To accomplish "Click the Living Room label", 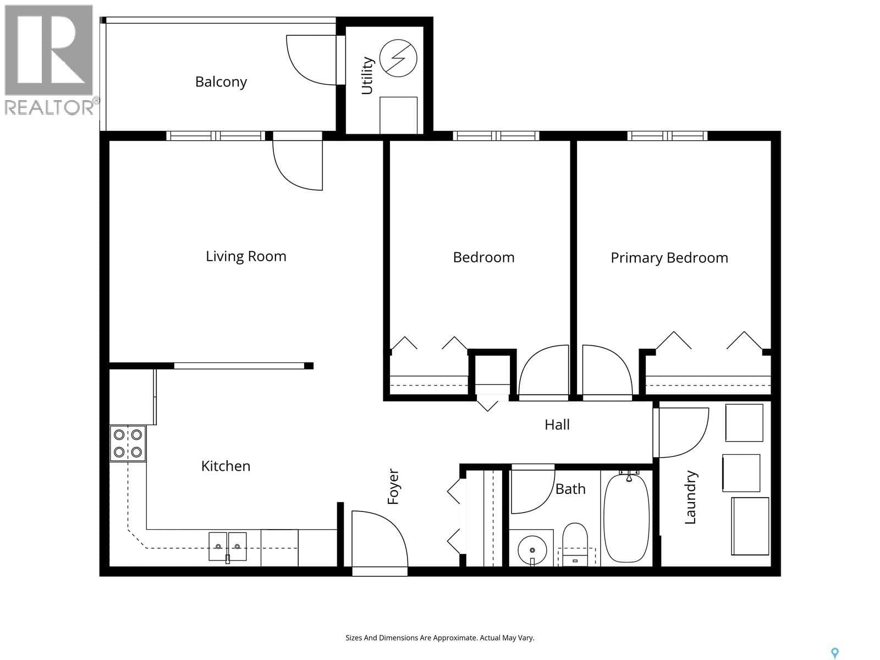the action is point(246,256).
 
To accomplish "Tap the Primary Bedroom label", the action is point(669,258).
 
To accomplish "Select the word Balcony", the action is point(221,82).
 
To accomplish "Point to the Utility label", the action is point(367,76).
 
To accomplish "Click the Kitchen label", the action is point(226,466).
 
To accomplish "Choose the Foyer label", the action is point(393,487).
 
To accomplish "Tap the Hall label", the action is point(557,425).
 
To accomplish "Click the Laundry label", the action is point(690,497).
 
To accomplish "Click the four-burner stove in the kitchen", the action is point(128,444).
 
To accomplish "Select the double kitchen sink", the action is point(227,547).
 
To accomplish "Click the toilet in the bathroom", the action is point(575,544).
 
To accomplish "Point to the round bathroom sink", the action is point(532,550).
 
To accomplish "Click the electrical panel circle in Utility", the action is point(398,58).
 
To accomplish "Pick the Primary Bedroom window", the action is point(667,136).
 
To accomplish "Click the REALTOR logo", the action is point(50,60).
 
